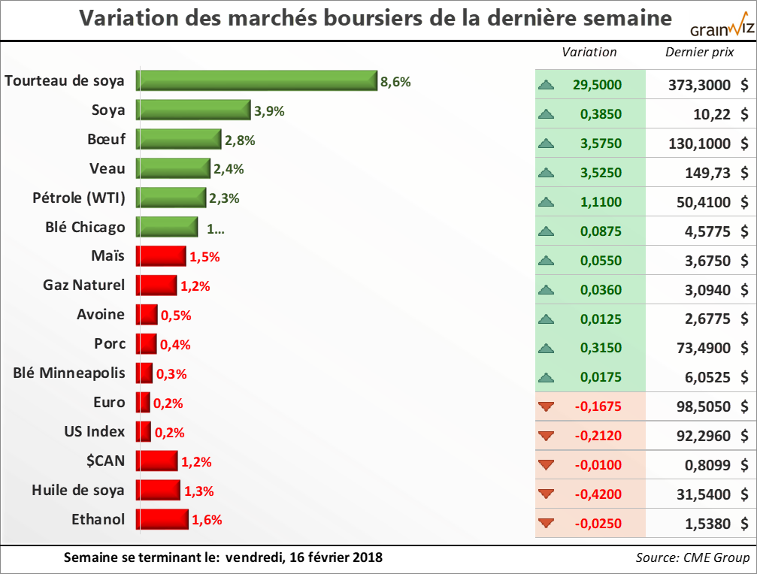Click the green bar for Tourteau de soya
(x=256, y=80)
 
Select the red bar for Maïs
(x=161, y=256)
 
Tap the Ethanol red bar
(x=162, y=519)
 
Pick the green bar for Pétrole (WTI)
(x=171, y=198)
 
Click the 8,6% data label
(x=395, y=82)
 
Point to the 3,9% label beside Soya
(x=269, y=111)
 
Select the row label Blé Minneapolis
(x=70, y=373)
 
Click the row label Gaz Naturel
(x=85, y=285)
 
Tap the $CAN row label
(x=104, y=461)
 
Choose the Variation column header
(x=589, y=52)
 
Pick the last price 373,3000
(x=699, y=85)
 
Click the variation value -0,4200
(x=598, y=494)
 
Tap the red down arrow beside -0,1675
(x=547, y=406)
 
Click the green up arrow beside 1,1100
(x=547, y=202)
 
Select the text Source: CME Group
(x=692, y=557)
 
